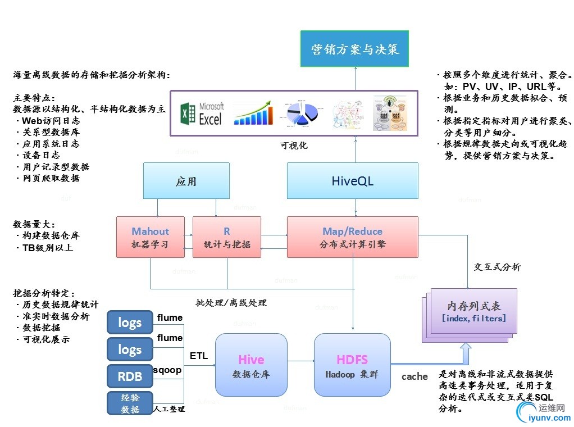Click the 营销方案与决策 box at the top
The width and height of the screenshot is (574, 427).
(355, 49)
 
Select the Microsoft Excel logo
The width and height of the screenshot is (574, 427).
(202, 113)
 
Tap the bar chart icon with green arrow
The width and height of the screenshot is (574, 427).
(256, 113)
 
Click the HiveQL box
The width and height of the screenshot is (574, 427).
(352, 181)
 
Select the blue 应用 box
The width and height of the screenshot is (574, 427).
(186, 181)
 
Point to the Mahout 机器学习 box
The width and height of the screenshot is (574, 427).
(150, 237)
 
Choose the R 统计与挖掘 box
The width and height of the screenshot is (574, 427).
(227, 237)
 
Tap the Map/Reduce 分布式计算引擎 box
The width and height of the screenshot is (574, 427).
(352, 237)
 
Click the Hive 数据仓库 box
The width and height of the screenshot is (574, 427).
(250, 365)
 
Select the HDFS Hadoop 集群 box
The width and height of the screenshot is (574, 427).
(352, 365)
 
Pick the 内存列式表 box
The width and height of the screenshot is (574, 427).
(473, 311)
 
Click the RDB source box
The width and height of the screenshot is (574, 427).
(130, 376)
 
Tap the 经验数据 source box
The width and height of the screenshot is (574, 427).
(130, 403)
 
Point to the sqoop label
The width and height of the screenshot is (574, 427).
(167, 370)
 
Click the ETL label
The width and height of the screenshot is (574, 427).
(199, 356)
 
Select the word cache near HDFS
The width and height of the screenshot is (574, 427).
(414, 376)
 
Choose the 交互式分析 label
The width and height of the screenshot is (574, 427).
(497, 267)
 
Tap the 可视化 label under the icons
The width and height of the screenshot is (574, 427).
(294, 146)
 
